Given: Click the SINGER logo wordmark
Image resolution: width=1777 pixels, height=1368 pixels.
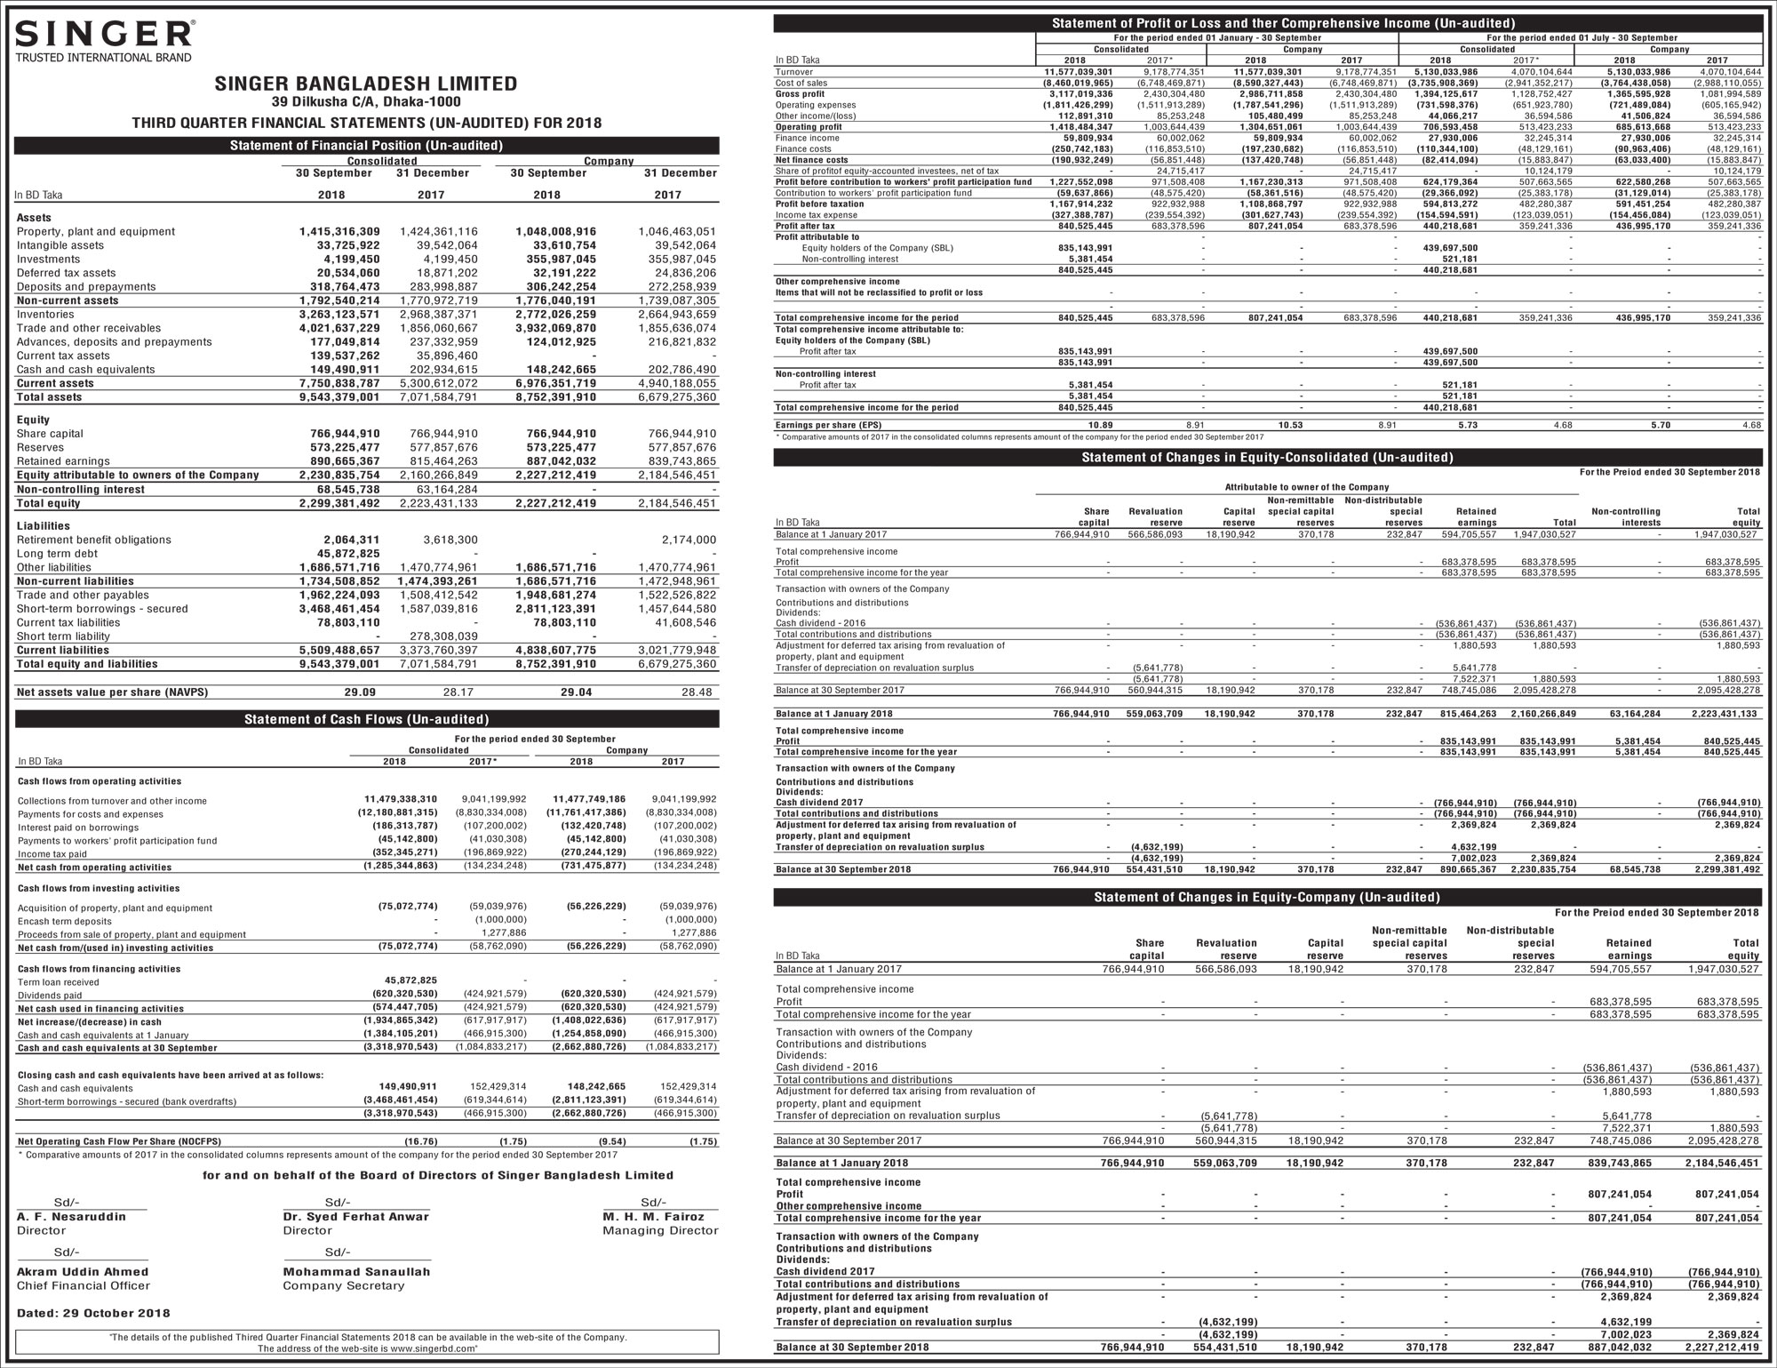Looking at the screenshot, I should (x=104, y=34).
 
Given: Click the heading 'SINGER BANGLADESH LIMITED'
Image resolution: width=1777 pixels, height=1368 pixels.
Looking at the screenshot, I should (x=365, y=84).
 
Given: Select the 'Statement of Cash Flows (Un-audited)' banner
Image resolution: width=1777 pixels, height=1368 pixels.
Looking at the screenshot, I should (x=366, y=719).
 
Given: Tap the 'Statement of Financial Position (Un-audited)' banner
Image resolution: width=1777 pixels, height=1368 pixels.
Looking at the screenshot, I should (x=366, y=146).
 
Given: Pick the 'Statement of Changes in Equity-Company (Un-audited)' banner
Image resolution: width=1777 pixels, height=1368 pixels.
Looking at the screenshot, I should (x=1267, y=898).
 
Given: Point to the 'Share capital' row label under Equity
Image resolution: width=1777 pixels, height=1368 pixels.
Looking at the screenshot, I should (x=50, y=434).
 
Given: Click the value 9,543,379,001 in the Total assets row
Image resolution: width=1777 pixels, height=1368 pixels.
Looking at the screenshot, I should (x=339, y=397).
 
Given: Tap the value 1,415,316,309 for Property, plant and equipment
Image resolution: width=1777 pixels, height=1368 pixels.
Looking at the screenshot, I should (x=339, y=232).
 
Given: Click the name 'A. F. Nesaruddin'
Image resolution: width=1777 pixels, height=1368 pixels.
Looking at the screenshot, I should (x=71, y=1217).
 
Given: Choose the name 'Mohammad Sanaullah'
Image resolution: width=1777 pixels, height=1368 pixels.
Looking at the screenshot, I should (x=356, y=1272).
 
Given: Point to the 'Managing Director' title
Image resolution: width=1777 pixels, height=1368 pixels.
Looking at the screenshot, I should (x=660, y=1231).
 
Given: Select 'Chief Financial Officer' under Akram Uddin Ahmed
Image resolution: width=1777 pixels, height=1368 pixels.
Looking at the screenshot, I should (x=84, y=1286).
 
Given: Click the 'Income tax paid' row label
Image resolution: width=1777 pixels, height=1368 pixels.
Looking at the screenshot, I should (x=52, y=854).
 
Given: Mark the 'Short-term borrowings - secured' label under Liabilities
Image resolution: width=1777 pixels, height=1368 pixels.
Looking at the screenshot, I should (x=102, y=609).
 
